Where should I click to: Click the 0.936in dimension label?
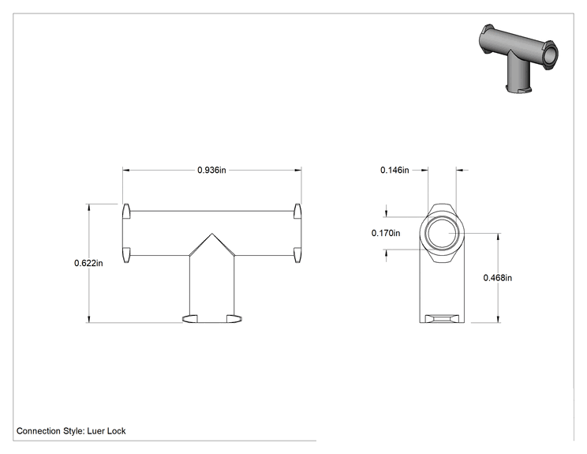[211, 170]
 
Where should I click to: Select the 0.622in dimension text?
[88, 263]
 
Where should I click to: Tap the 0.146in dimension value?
[394, 170]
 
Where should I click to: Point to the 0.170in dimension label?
[386, 233]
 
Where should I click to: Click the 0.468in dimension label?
[498, 278]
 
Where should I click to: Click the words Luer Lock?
[107, 431]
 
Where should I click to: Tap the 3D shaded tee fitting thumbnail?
[518, 58]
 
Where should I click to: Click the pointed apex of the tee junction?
[212, 234]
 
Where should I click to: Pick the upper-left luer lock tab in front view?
[126, 212]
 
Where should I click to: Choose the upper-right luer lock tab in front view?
[297, 212]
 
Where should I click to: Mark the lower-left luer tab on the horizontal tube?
[126, 255]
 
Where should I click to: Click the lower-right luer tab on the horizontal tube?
[297, 255]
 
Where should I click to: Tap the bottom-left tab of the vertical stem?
[190, 319]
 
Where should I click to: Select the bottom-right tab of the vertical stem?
[234, 319]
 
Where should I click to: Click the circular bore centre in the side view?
[442, 233]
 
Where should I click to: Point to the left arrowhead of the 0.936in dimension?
[125, 170]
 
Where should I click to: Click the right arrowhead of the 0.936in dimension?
[298, 170]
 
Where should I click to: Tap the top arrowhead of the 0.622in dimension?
[88, 208]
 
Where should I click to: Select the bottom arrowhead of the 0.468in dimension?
[498, 319]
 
